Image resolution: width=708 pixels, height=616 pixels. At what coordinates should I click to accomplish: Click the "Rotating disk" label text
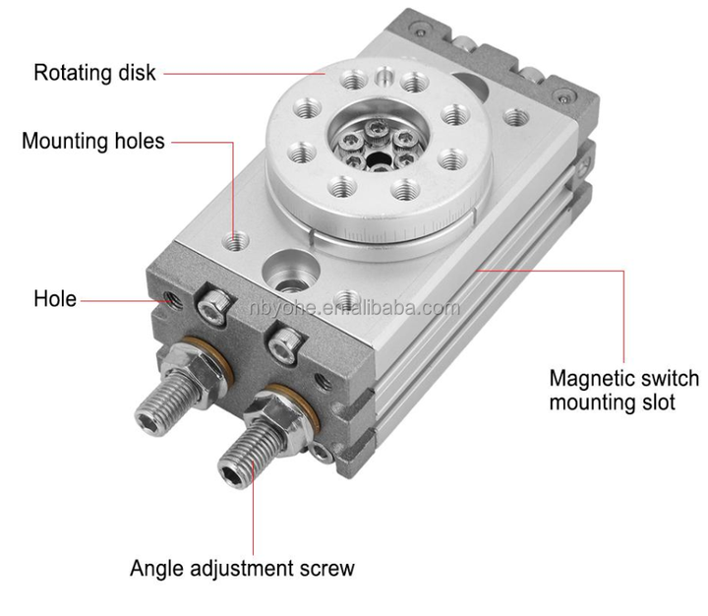click(x=94, y=73)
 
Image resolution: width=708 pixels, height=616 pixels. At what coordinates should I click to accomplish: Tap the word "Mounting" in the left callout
click(x=65, y=141)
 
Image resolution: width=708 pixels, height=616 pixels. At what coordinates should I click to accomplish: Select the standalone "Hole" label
click(x=55, y=298)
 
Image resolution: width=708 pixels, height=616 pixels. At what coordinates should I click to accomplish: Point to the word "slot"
click(x=654, y=402)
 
